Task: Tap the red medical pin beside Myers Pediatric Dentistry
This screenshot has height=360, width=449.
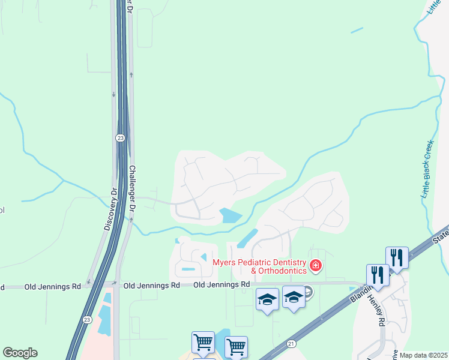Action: pyautogui.click(x=315, y=265)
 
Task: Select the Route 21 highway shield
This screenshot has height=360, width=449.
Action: pyautogui.click(x=291, y=343)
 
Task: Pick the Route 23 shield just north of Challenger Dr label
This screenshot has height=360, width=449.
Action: pyautogui.click(x=120, y=138)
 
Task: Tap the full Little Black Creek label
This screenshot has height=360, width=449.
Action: pyautogui.click(x=427, y=174)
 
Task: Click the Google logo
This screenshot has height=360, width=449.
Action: pyautogui.click(x=20, y=353)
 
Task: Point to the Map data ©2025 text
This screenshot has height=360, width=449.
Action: pyautogui.click(x=423, y=355)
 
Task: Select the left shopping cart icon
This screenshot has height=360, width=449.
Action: pyautogui.click(x=203, y=342)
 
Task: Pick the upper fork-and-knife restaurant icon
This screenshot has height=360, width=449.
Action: pyautogui.click(x=397, y=257)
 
